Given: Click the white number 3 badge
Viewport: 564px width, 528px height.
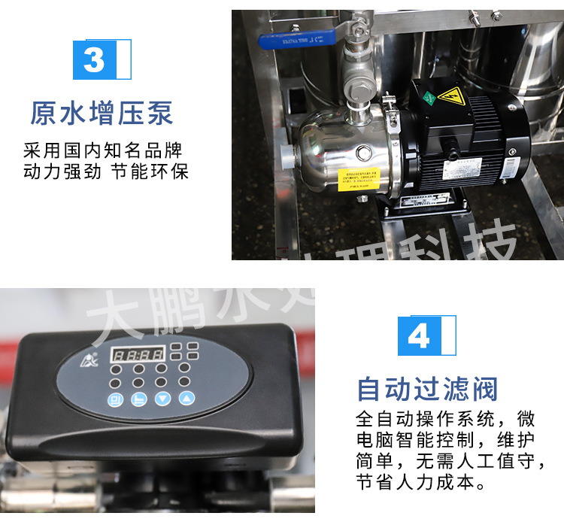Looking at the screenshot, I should click(95, 59).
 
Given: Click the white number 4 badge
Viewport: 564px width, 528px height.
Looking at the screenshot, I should click(419, 335).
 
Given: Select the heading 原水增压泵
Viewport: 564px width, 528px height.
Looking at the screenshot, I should click(102, 113).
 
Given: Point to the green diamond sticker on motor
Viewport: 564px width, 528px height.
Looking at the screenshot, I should click(426, 98).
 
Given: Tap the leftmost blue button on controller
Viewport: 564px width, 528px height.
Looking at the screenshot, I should click(116, 399).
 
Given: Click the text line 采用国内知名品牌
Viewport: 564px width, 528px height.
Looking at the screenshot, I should click(103, 150).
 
